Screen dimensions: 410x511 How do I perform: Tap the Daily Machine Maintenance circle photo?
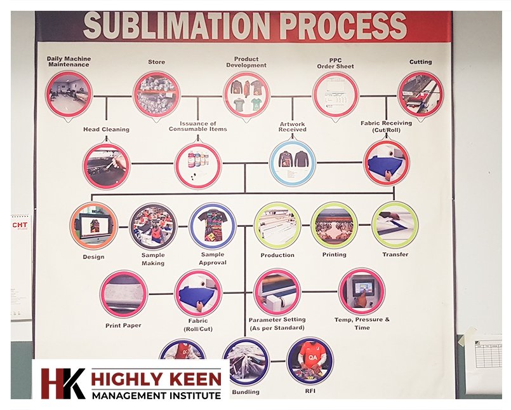(x=69, y=93)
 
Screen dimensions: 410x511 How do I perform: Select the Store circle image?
(x=156, y=93)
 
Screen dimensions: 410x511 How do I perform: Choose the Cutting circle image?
(x=420, y=93)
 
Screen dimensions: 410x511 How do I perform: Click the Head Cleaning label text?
(x=106, y=130)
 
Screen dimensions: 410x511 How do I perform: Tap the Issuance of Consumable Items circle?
(x=197, y=165)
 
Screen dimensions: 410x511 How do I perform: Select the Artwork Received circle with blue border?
(x=292, y=163)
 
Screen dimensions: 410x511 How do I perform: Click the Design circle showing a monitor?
(x=93, y=226)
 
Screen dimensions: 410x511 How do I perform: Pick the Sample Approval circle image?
(x=212, y=226)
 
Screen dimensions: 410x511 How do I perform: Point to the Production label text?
(x=277, y=256)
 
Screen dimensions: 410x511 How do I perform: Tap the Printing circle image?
(x=334, y=225)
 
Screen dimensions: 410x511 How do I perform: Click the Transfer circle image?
(x=395, y=225)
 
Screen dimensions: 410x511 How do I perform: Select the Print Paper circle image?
(x=123, y=294)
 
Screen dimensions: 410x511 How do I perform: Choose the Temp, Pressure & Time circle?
(x=361, y=290)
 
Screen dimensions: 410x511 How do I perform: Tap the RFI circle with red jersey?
(x=309, y=360)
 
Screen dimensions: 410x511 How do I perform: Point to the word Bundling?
(x=246, y=392)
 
